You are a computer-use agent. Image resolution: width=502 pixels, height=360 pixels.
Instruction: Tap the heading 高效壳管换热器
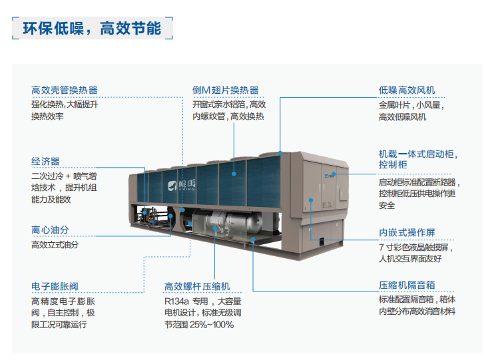pyautogui.click(x=65, y=90)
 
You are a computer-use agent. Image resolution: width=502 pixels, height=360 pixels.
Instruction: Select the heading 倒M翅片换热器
pyautogui.click(x=226, y=90)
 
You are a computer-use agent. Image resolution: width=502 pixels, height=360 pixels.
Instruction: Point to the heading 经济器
pyautogui.click(x=45, y=161)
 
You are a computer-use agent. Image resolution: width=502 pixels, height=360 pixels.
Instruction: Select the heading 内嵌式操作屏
pyautogui.click(x=407, y=233)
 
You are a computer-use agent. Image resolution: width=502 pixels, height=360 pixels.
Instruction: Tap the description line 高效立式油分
pyautogui.click(x=55, y=244)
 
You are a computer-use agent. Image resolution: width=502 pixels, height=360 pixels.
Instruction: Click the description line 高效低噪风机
pyautogui.click(x=402, y=117)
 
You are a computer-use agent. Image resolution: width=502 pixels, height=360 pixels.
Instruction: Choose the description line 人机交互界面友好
pyautogui.click(x=410, y=258)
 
